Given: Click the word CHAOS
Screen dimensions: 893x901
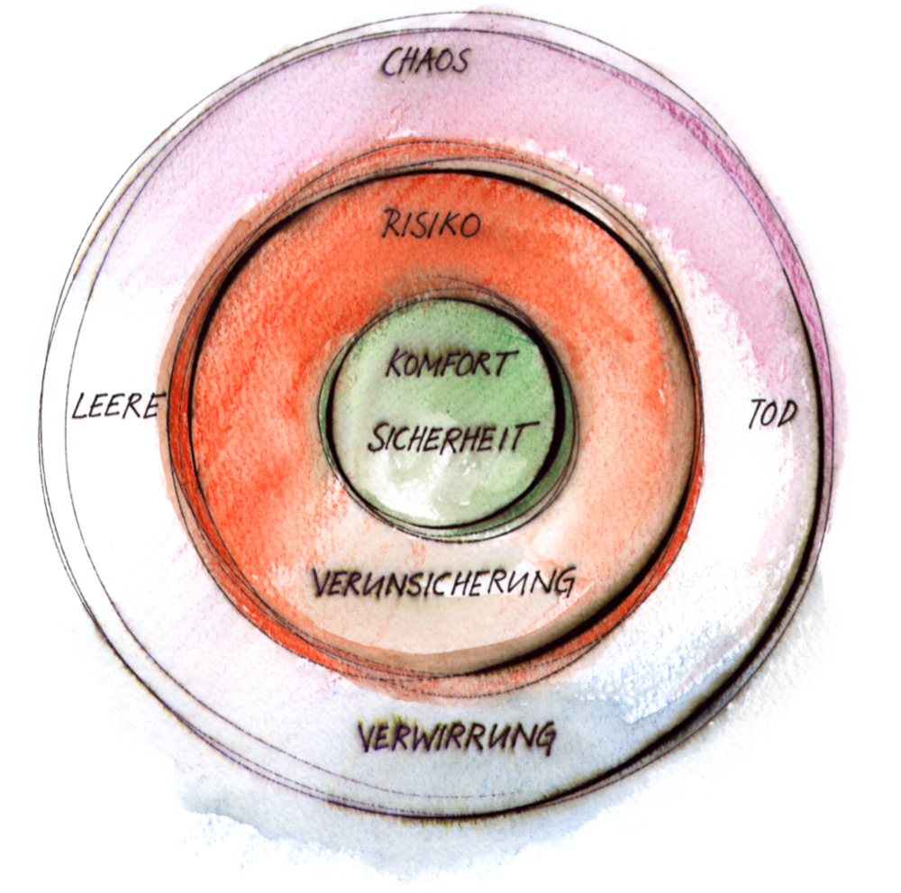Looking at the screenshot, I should click(x=425, y=62).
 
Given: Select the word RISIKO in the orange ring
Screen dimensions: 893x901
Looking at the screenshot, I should click(x=432, y=225).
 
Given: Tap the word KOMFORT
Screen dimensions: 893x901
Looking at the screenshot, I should click(x=451, y=365).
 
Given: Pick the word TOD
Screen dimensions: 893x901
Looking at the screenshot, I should click(x=774, y=414).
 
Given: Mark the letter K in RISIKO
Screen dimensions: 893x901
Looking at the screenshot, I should click(x=448, y=225).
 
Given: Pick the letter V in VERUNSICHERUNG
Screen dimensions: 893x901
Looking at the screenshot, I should click(x=322, y=583).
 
